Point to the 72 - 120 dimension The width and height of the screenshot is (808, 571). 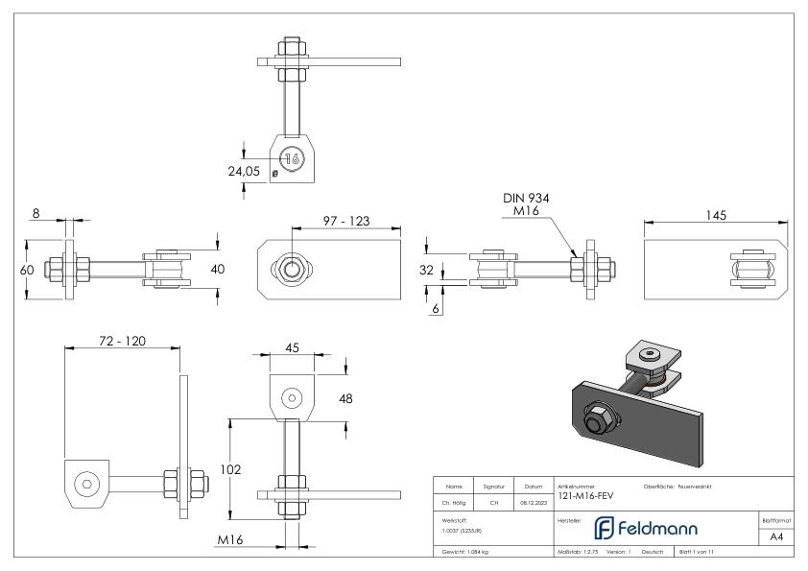(122, 340)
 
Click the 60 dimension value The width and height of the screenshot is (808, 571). (28, 270)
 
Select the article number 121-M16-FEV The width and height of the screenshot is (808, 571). (584, 496)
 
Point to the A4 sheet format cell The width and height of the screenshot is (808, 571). (776, 536)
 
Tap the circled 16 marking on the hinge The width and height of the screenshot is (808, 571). (292, 160)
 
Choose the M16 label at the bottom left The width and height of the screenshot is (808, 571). (229, 541)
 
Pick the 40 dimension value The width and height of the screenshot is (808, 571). (218, 270)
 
